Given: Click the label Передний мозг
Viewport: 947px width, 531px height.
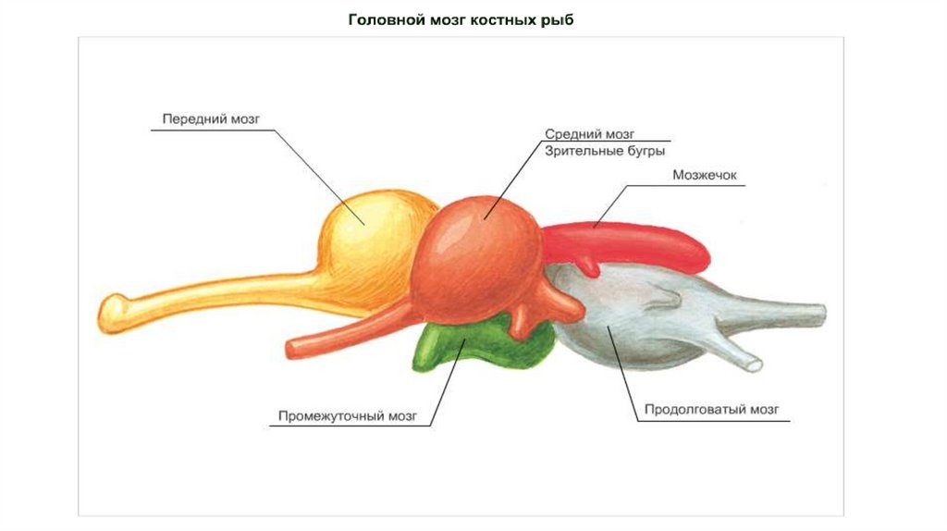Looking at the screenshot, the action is pyautogui.click(x=212, y=119).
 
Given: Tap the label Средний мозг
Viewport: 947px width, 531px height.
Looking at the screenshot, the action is pyautogui.click(x=589, y=134).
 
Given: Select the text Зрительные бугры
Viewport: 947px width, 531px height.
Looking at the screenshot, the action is pyautogui.click(x=605, y=150).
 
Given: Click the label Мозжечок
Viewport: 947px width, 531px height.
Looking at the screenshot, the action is pyautogui.click(x=704, y=174).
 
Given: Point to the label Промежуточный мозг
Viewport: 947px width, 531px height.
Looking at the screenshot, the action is pyautogui.click(x=354, y=415).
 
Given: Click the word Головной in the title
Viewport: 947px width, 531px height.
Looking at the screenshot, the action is pyautogui.click(x=381, y=19).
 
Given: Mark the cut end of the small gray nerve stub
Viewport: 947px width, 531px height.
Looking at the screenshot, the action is pyautogui.click(x=756, y=364).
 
